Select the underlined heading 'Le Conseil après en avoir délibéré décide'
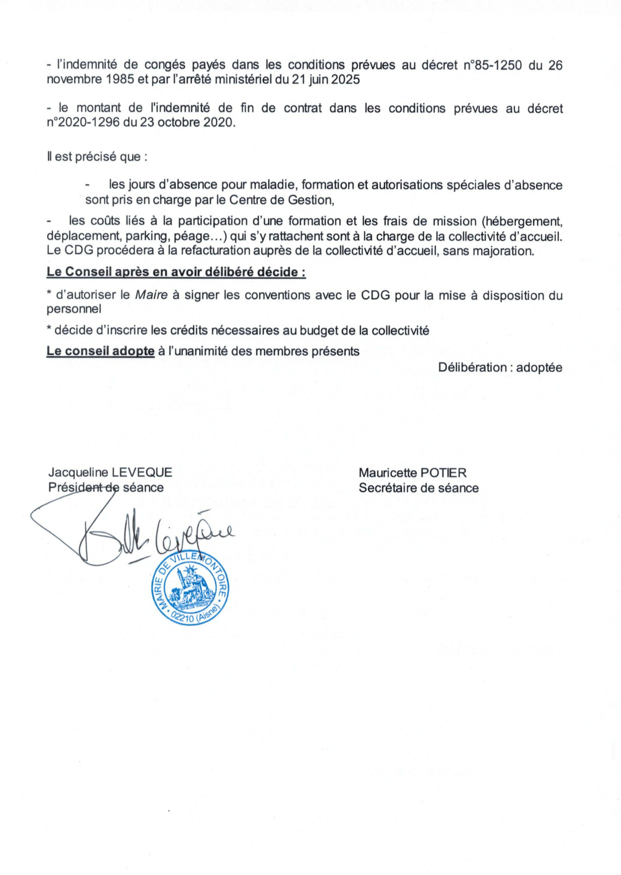[x=175, y=272]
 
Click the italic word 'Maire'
[x=151, y=295]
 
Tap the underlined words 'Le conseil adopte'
[x=101, y=351]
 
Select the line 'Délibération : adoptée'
[x=500, y=367]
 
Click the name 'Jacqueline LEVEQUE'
[x=110, y=473]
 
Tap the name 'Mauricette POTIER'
[x=413, y=473]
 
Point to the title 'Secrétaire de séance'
[x=418, y=488]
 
